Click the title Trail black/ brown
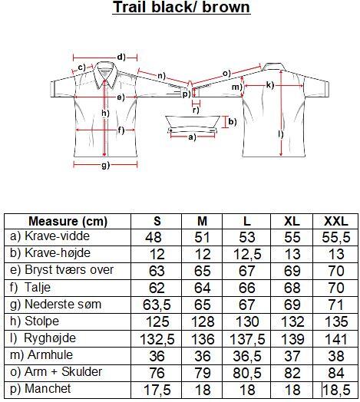[181, 7]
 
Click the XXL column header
[336, 221]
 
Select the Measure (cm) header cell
[68, 221]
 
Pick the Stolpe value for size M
[203, 321]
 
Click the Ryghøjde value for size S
[157, 339]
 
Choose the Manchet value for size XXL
[336, 390]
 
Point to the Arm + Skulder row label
[56, 372]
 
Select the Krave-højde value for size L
[247, 254]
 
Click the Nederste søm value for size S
[157, 305]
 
